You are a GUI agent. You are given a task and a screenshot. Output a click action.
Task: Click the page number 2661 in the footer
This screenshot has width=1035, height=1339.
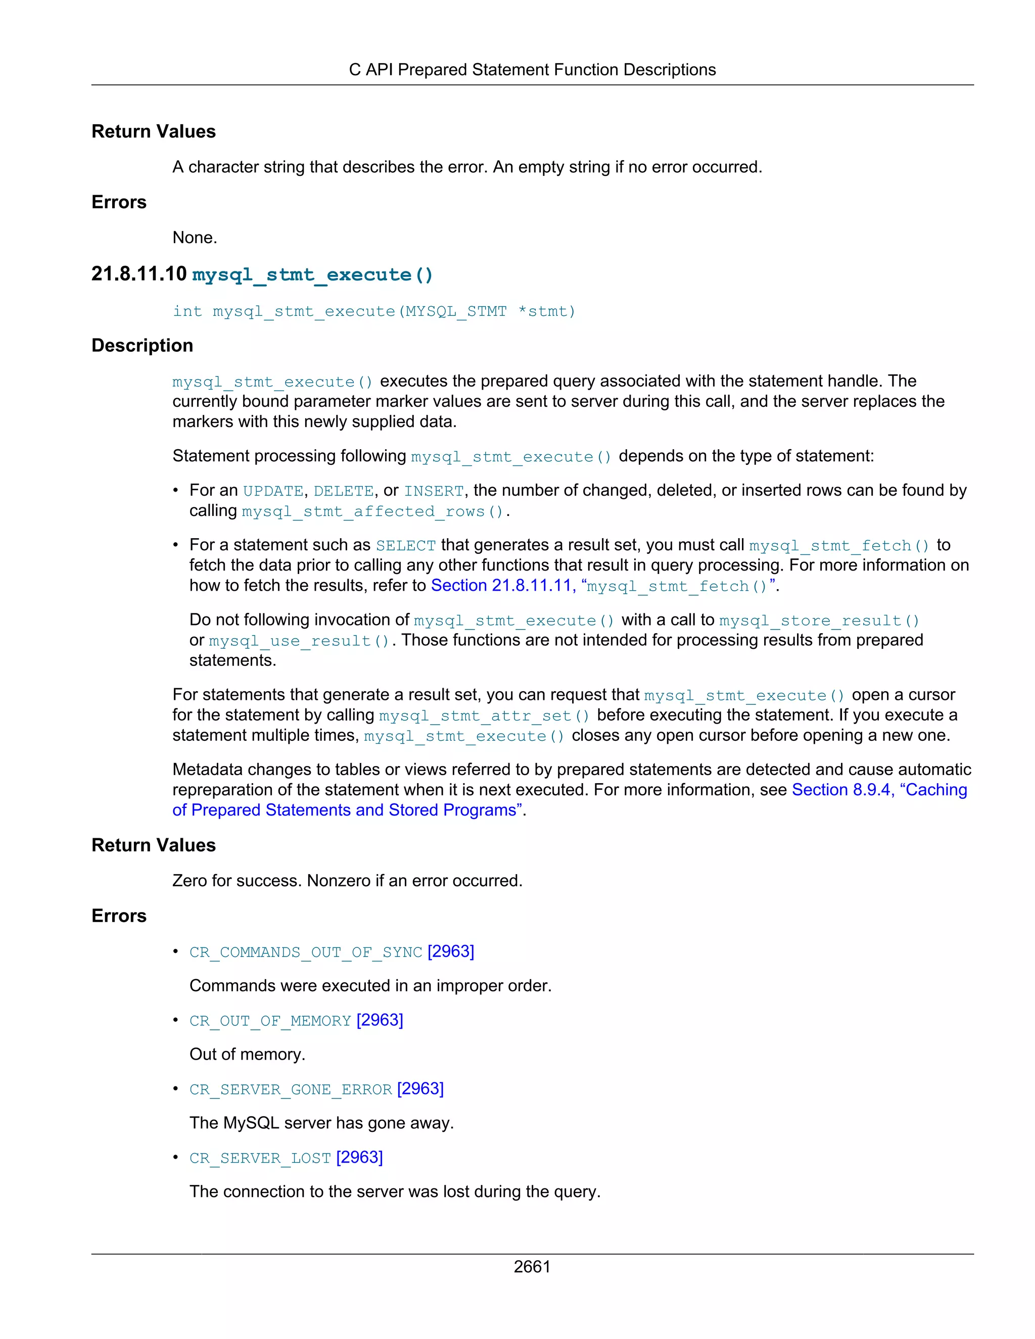point(532,1266)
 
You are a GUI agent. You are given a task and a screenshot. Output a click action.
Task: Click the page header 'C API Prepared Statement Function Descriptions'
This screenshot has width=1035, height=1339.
point(532,70)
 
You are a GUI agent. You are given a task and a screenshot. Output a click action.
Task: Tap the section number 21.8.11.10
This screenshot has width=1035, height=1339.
point(138,274)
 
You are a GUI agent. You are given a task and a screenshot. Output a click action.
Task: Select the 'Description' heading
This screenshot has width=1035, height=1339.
point(142,345)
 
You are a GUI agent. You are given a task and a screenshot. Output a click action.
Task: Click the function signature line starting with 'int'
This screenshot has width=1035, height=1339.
point(373,311)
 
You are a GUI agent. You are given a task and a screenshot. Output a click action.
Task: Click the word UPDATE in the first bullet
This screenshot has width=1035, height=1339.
point(273,491)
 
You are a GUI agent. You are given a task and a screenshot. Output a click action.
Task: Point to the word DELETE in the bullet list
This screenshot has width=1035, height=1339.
point(343,491)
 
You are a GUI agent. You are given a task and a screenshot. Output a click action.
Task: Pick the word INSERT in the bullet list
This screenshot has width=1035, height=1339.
point(434,491)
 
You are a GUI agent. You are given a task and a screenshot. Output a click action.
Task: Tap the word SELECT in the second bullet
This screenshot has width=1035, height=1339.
point(405,546)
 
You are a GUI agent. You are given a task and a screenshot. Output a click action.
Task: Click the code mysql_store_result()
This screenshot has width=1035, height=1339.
point(819,620)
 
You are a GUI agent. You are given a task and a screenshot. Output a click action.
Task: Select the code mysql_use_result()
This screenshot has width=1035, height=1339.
point(299,641)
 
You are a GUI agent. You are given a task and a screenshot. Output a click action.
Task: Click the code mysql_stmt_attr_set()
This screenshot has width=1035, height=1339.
point(484,715)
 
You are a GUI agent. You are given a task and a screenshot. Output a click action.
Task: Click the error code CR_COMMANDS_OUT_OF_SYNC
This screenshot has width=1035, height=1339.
point(305,952)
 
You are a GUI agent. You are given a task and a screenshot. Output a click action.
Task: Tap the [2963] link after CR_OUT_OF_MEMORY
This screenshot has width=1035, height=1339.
point(380,1020)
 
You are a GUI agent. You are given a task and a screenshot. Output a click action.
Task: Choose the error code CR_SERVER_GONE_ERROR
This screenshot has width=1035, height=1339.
point(290,1089)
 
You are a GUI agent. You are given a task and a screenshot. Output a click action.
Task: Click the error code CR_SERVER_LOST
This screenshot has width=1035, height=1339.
point(260,1158)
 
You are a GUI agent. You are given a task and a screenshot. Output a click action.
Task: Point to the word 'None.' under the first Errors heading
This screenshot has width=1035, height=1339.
point(195,238)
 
